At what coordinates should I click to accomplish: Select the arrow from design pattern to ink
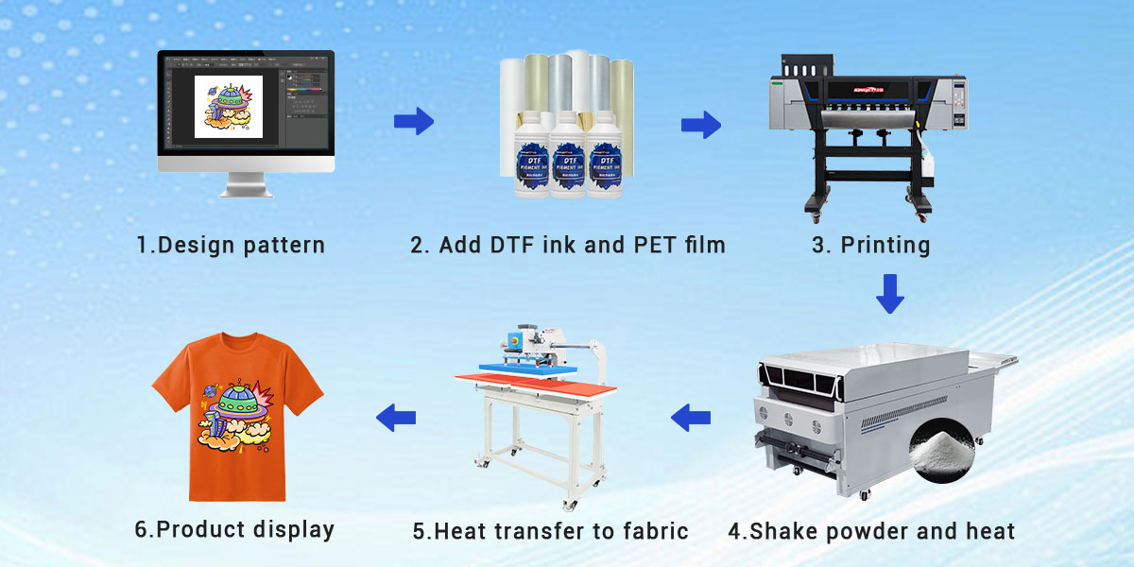tap(413, 120)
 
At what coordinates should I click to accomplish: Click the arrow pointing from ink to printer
tap(700, 125)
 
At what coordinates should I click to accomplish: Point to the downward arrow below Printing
tap(889, 293)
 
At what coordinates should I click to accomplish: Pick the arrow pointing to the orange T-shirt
tap(396, 415)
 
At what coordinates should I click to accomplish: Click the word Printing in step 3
tap(885, 246)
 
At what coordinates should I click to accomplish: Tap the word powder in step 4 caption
tap(853, 531)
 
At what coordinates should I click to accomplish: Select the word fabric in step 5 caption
tap(652, 531)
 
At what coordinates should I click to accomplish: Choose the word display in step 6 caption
tap(294, 529)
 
